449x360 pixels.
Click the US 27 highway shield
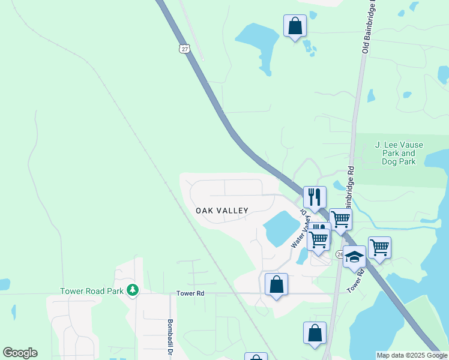[x=183, y=49]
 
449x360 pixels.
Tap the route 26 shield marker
[x=340, y=254]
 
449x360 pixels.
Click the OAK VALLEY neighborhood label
[x=222, y=211]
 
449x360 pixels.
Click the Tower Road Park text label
[x=92, y=292]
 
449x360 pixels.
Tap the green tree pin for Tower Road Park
[x=133, y=291]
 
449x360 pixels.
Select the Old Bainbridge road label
[x=369, y=27]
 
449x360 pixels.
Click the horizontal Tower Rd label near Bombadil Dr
[x=190, y=293]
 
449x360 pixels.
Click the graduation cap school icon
[x=354, y=256]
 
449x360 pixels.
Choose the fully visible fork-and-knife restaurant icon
[x=315, y=196]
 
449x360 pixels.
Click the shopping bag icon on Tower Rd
[x=276, y=284]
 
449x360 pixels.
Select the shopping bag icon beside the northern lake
[x=295, y=26]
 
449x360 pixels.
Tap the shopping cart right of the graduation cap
[x=379, y=247]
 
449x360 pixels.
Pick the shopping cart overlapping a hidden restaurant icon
[x=319, y=238]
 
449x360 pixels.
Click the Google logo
[x=20, y=353]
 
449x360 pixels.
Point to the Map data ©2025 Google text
[x=412, y=355]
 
